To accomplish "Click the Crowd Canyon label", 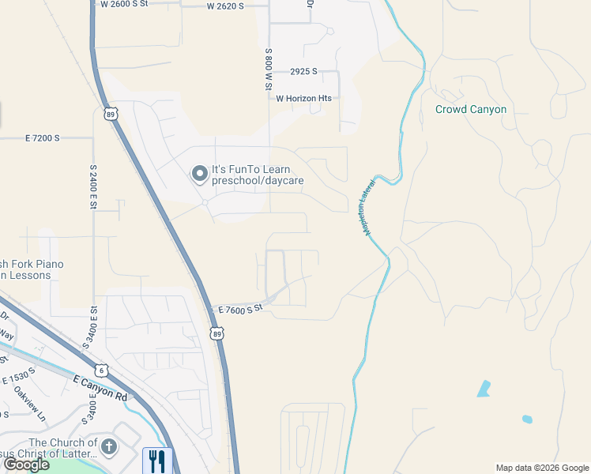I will pos(470,109).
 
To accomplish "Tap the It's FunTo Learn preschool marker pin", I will pos(200,172).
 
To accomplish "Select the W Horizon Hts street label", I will pos(303,98).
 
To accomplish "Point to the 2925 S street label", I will pos(303,71).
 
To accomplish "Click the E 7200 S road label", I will pos(42,137).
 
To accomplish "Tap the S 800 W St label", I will pos(269,69).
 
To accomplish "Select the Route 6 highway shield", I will pos(100,370).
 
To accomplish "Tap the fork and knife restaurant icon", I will pos(156,460).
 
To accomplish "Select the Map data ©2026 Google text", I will pos(542,468).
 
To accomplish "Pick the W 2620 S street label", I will pos(225,6).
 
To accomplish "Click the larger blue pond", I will pos(483,389).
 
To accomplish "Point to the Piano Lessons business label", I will pos(32,269).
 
